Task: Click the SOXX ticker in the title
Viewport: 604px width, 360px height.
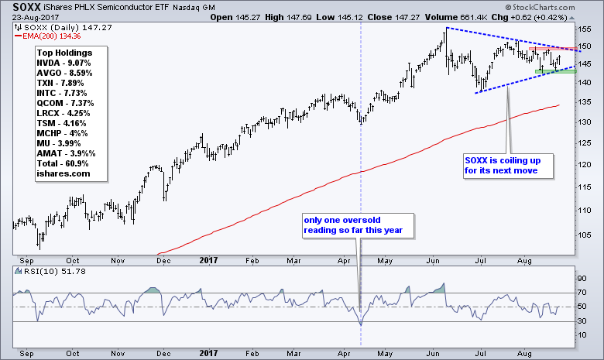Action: click(x=27, y=6)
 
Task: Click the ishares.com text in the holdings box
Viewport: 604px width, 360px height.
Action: click(x=62, y=174)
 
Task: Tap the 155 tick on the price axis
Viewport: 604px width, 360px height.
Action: click(x=587, y=29)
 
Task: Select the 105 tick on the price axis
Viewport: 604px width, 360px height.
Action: click(x=587, y=231)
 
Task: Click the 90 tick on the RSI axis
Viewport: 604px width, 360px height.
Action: click(x=585, y=278)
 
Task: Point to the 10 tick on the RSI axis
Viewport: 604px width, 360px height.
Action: click(x=585, y=334)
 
